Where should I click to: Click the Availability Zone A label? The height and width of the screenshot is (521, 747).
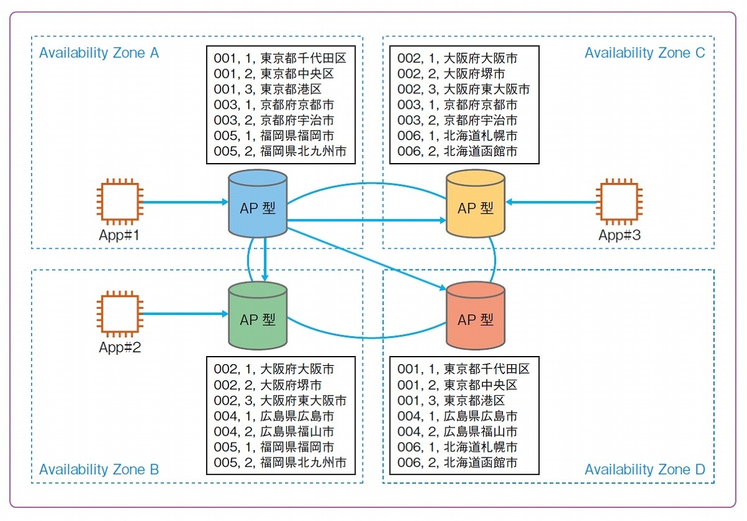99,53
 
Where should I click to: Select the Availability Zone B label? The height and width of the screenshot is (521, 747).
99,469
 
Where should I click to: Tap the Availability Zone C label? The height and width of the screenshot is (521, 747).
644,53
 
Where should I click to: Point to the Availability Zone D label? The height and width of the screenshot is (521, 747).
644,469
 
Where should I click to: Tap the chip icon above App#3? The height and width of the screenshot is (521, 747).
618,202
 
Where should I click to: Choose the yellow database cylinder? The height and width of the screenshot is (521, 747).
476,205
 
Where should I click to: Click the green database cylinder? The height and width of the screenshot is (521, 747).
257,316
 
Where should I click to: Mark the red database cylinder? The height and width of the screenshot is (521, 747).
476,316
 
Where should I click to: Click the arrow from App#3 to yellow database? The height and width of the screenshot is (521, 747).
551,202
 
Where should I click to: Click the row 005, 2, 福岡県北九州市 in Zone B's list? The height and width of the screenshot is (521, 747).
280,462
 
